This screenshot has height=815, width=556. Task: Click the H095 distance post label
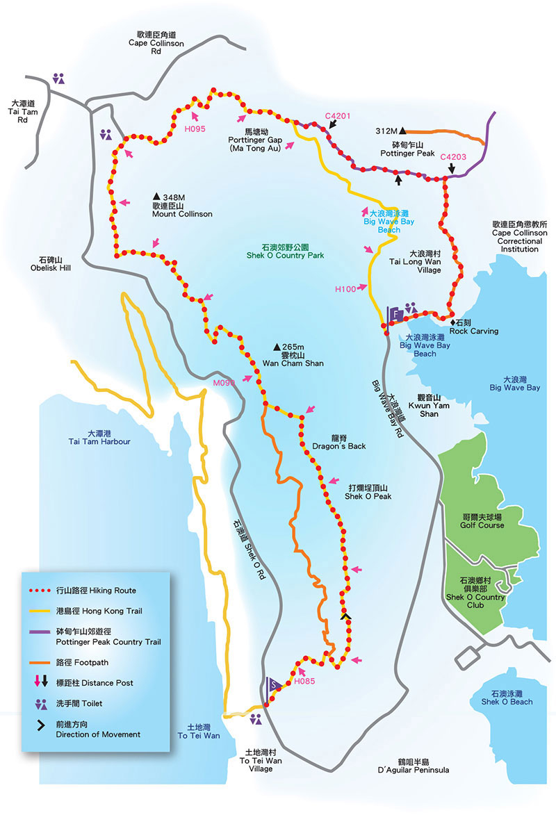pyautogui.click(x=195, y=129)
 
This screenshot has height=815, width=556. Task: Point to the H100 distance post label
pyautogui.click(x=345, y=288)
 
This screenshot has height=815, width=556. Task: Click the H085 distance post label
pyautogui.click(x=304, y=681)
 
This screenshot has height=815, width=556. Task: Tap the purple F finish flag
pyautogui.click(x=395, y=314)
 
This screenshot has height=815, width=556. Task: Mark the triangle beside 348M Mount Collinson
pyautogui.click(x=156, y=197)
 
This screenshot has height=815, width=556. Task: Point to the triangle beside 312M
pyautogui.click(x=402, y=131)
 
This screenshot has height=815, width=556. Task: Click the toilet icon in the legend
pyautogui.click(x=41, y=703)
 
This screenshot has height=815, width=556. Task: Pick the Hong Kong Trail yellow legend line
pyautogui.click(x=41, y=610)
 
